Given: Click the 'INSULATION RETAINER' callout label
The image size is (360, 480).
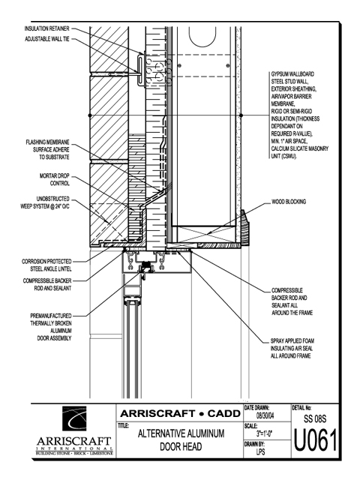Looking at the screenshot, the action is (46, 28).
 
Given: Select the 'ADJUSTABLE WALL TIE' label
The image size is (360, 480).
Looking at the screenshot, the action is (47, 39).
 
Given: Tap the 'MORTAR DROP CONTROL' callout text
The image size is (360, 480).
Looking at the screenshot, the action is (55, 180).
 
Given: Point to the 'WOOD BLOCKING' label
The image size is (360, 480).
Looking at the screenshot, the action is (289, 202).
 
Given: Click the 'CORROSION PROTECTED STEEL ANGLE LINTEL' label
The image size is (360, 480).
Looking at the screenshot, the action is (46, 265).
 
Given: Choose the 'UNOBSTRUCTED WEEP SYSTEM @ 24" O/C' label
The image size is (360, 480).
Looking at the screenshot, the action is (45, 202).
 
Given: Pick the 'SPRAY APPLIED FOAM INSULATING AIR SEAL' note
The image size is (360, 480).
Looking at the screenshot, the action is (292, 348).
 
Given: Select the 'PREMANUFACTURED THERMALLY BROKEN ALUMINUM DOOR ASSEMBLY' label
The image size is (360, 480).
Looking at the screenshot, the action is (51, 327).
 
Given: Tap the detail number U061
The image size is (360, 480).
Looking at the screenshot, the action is (315, 440).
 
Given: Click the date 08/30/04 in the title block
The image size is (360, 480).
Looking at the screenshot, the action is (265, 416).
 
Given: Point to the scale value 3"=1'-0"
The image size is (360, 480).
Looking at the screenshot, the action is (265, 433).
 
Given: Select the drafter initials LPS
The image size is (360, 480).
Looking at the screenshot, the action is (261, 451).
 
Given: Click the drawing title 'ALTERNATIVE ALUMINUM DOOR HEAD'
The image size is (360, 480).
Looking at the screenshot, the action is (181, 440).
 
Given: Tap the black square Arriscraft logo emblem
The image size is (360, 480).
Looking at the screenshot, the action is (74, 418).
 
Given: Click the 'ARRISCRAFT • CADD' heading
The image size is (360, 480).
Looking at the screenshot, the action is (180, 413).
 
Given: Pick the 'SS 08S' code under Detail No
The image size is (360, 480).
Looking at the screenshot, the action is (315, 418).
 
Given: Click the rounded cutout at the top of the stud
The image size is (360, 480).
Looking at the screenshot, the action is (202, 37).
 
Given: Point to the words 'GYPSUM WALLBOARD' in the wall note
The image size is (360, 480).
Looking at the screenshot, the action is (292, 74).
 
